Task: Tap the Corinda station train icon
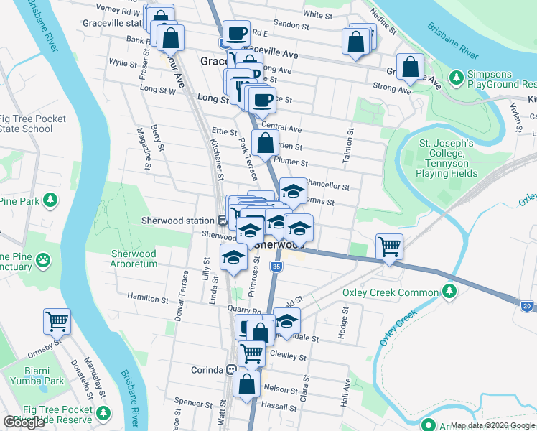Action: coord(231,370)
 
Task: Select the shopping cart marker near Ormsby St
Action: coord(57,322)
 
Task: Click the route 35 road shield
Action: coord(276,267)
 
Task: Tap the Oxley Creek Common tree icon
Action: coord(449,292)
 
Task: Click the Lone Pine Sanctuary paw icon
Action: coord(44,257)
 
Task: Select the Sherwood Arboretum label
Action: coord(134,259)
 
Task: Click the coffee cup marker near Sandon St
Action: coord(235,32)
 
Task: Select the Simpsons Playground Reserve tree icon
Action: coord(455,77)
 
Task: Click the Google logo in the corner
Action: coord(24,422)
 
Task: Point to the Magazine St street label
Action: coord(143,157)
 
